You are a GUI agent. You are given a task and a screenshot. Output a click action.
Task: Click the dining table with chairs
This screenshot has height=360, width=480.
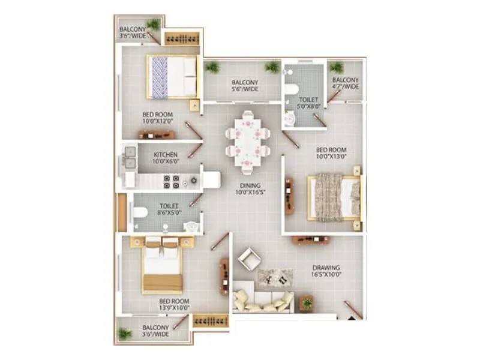click(247, 142)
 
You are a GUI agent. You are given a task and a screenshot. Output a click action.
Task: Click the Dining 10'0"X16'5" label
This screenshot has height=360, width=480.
click(250, 189)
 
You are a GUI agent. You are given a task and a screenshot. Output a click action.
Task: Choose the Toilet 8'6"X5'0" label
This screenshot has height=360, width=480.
click(169, 209)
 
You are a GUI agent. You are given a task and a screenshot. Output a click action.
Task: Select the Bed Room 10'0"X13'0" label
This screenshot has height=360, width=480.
click(331, 154)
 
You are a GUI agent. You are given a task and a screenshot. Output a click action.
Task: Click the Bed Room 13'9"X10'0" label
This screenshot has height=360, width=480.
click(174, 305)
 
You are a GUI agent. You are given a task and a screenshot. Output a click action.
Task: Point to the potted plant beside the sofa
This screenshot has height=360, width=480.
click(307, 303)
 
